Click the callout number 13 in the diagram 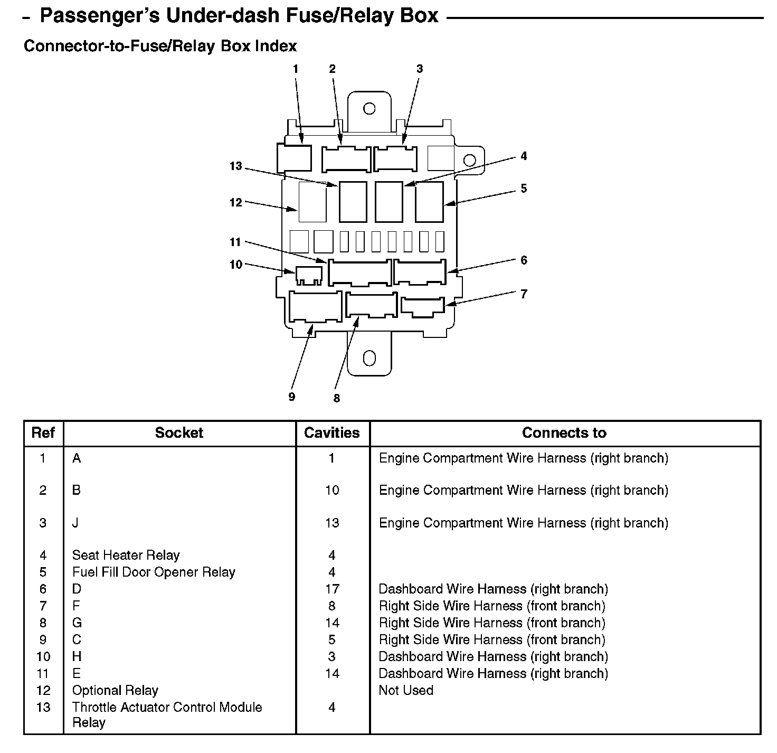pos(235,166)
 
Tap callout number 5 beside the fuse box pos(524,189)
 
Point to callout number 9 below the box pos(292,397)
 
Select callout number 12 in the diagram pos(235,203)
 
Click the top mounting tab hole pos(369,109)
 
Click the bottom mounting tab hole pos(369,359)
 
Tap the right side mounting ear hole pos(469,161)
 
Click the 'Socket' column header pos(179,433)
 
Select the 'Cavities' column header pos(332,433)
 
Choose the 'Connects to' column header pos(564,433)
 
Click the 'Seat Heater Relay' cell pos(126,555)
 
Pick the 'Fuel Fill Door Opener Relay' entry pos(154,572)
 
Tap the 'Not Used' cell pos(406,690)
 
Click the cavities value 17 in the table pos(332,589)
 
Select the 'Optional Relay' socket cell pos(115,690)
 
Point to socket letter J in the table pos(75,523)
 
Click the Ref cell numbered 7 pos(43,606)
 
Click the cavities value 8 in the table pos(332,606)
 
